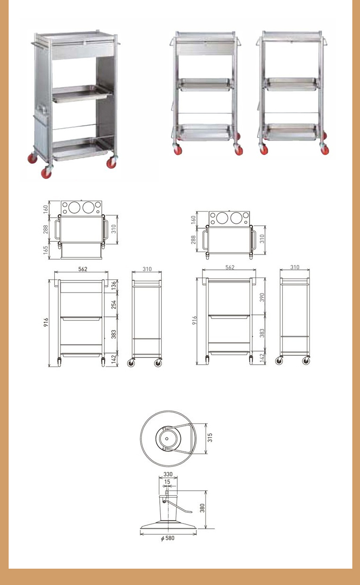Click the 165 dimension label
click(46, 250)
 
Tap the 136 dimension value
click(114, 285)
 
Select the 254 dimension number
click(114, 305)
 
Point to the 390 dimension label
click(262, 297)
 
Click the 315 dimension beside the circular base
click(210, 438)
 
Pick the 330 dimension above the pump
click(168, 474)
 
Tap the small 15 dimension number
click(168, 481)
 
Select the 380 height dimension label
click(202, 508)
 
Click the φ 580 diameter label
click(168, 538)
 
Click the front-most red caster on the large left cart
click(47, 172)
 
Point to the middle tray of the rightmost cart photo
click(291, 84)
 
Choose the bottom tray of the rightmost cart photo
click(291, 132)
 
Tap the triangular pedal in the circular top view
click(180, 437)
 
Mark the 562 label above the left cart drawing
click(83, 269)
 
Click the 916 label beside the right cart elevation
click(194, 320)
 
